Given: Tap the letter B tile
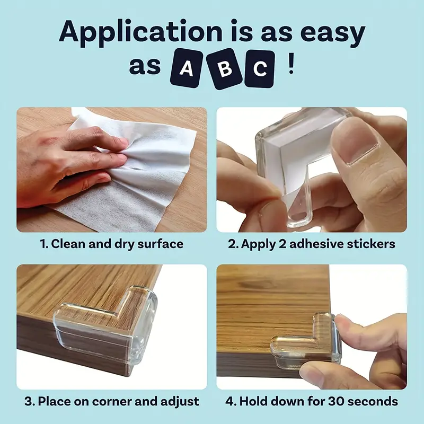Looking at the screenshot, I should [224, 69].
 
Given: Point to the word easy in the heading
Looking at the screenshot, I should [333, 33].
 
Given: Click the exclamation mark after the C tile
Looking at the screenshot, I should [290, 68].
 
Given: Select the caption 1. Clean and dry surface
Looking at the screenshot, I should [112, 244].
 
